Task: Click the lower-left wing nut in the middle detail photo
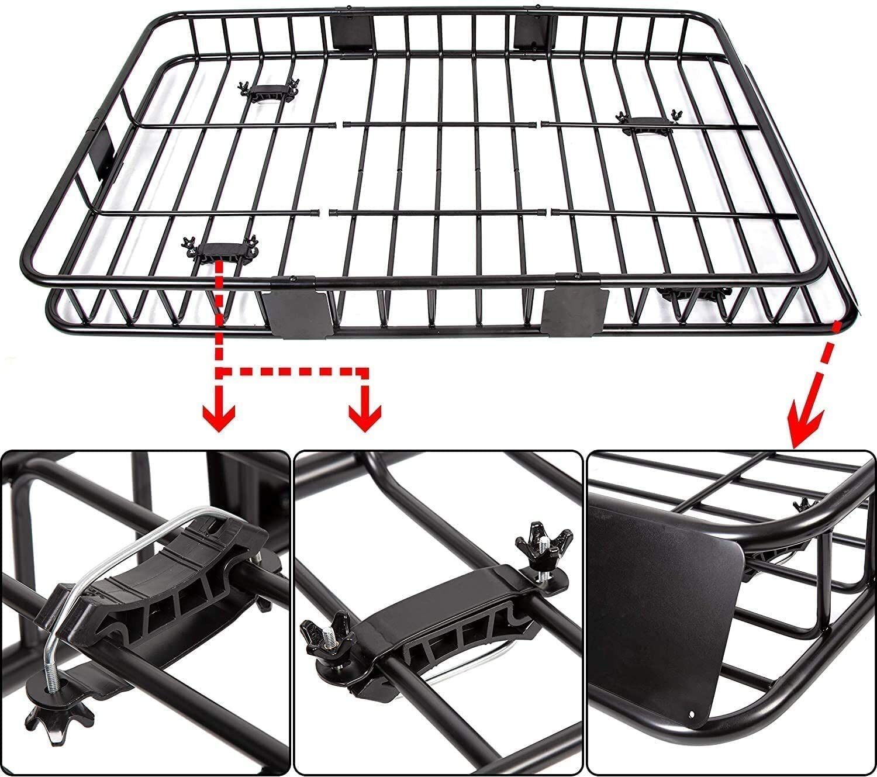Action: pos(321,637)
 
